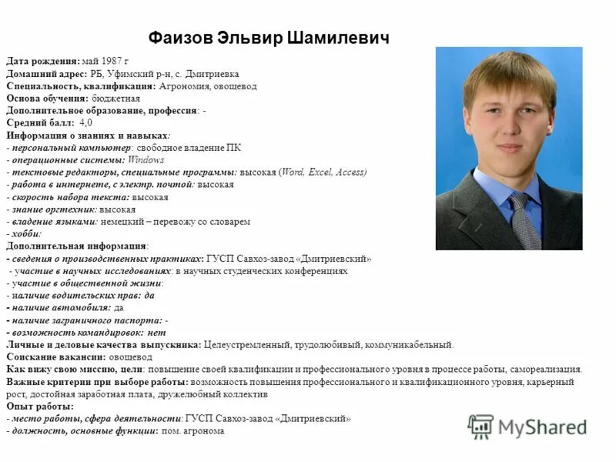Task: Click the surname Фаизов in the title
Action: click(x=181, y=38)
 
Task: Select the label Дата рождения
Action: click(x=42, y=60)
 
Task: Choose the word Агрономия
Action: click(x=184, y=86)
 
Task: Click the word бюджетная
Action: click(x=115, y=99)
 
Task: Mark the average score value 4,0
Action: click(x=86, y=123)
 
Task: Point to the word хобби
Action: click(x=27, y=234)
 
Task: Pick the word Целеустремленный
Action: click(x=246, y=345)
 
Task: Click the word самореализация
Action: click(x=547, y=370)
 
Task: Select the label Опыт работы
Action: click(x=40, y=407)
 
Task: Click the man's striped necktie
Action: click(x=523, y=219)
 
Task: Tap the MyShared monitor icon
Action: click(x=480, y=426)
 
